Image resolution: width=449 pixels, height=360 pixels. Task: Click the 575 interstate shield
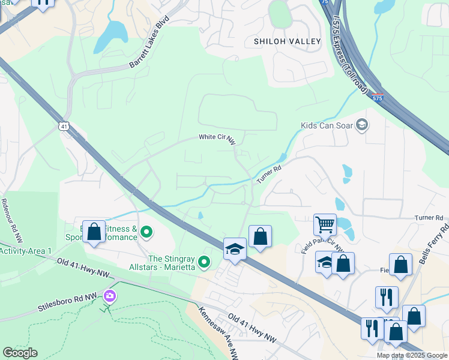coord(376,97)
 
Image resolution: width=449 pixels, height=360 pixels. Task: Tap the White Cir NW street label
coord(217,137)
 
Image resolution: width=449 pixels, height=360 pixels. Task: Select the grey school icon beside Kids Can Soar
coord(361,125)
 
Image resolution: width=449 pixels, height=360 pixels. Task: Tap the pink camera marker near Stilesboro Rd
coord(109,295)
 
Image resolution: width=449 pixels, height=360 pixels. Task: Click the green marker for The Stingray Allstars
coord(205,261)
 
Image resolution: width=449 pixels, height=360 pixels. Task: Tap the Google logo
coord(20,353)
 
